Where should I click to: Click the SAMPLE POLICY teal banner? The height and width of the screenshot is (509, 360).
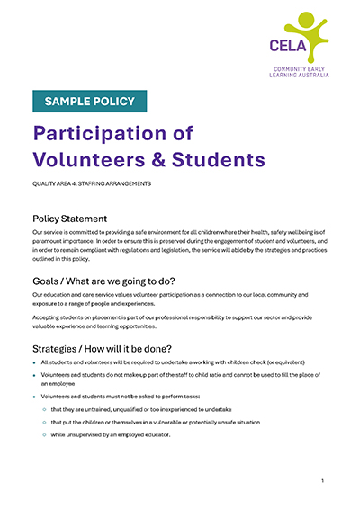(x=89, y=101)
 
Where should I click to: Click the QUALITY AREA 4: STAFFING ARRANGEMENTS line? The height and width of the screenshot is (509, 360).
(x=92, y=183)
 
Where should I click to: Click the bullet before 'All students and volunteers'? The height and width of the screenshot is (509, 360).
(x=34, y=362)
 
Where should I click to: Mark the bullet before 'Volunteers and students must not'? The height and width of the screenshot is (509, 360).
(x=34, y=397)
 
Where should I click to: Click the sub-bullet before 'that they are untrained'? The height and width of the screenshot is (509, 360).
(x=43, y=409)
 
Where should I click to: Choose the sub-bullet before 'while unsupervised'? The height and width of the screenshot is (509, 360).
(x=43, y=434)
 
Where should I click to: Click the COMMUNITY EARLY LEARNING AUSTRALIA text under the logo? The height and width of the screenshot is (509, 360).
(x=301, y=71)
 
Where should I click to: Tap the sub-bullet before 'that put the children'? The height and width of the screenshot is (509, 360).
(x=43, y=422)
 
